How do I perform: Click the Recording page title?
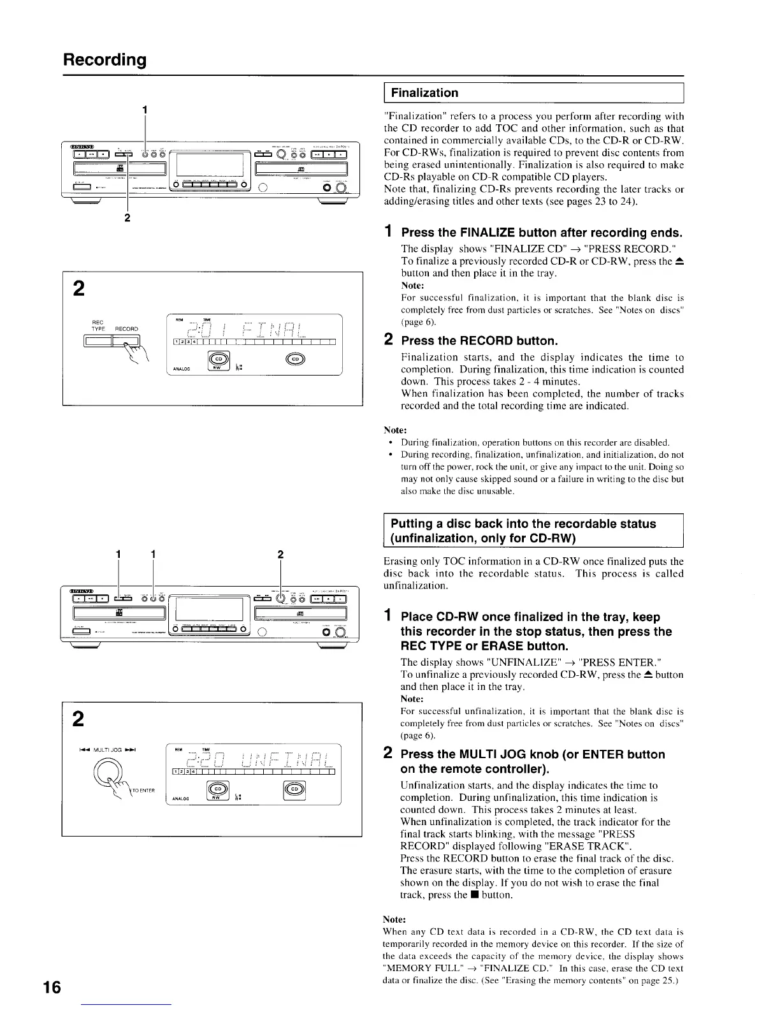point(105,60)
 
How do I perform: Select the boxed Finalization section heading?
point(424,93)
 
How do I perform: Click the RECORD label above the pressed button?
point(126,329)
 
